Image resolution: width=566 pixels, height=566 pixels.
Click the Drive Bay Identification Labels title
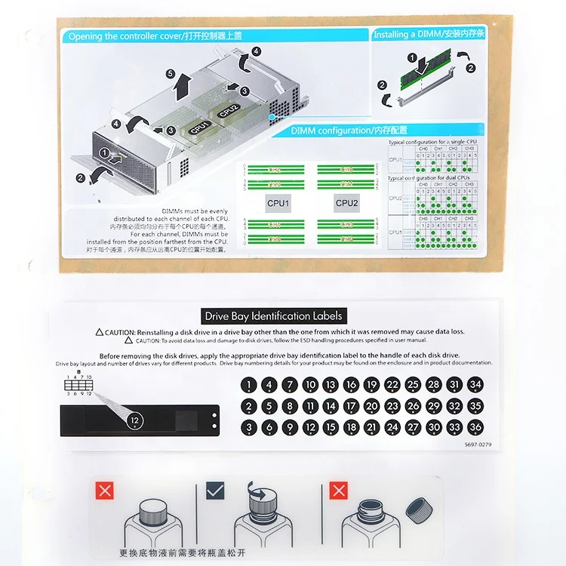coord(273,316)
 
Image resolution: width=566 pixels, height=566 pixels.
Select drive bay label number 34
coord(475,385)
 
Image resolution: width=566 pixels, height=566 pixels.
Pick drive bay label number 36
coord(475,427)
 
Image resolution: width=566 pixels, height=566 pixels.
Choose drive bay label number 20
coord(371,406)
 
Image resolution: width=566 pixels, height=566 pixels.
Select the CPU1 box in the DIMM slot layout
coord(278,203)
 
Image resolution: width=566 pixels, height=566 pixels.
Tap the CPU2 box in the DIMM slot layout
coord(346,203)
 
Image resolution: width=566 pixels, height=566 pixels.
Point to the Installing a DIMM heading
coord(429,35)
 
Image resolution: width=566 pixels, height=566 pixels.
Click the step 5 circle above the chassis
coord(171,73)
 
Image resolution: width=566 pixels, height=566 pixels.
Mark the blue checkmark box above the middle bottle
coord(215,491)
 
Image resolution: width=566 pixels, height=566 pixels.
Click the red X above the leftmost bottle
coord(105,492)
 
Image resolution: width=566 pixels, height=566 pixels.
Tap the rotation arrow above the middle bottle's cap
coord(261,495)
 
